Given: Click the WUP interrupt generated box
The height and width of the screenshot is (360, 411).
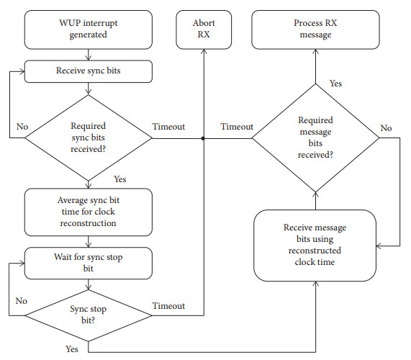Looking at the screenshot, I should pos(88,28).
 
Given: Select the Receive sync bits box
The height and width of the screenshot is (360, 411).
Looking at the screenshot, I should pos(88,71).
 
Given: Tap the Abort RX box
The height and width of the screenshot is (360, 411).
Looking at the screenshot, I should pos(204,28).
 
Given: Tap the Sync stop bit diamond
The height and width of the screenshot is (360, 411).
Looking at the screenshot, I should pos(88,314).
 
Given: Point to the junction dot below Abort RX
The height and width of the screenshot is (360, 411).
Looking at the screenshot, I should pos(204,138).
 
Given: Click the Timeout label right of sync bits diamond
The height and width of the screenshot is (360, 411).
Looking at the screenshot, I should pos(168,127).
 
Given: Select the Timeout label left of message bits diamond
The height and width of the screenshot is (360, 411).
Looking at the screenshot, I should pos(237,127).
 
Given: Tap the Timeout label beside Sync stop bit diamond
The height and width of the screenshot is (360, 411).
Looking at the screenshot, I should pos(168,306).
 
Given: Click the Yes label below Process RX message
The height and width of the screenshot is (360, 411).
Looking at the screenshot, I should pos(336,84).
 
